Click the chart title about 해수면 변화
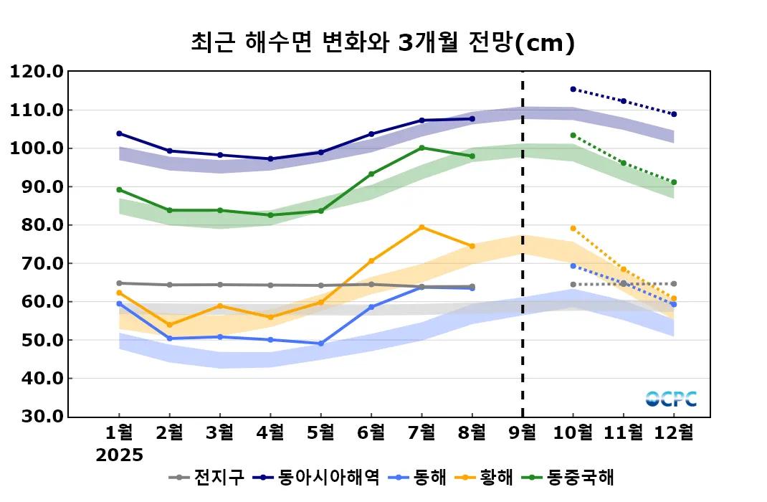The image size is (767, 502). tap(383, 42)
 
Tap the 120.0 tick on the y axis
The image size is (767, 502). tap(36, 72)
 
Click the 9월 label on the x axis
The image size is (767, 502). tap(522, 433)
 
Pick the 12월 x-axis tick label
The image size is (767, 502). tap(674, 433)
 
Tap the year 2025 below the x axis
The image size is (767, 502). tap(120, 455)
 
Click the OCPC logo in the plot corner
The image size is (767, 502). tap(671, 399)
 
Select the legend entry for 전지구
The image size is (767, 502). tap(208, 477)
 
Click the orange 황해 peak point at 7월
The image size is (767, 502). tap(421, 227)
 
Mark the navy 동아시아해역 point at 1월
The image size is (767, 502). tap(119, 133)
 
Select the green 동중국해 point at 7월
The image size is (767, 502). tap(421, 148)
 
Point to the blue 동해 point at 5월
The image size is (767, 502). tap(320, 344)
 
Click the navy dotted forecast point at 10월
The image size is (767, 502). tap(573, 89)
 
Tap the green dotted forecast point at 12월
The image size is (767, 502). tap(674, 182)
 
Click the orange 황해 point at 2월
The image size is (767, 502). tap(169, 325)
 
